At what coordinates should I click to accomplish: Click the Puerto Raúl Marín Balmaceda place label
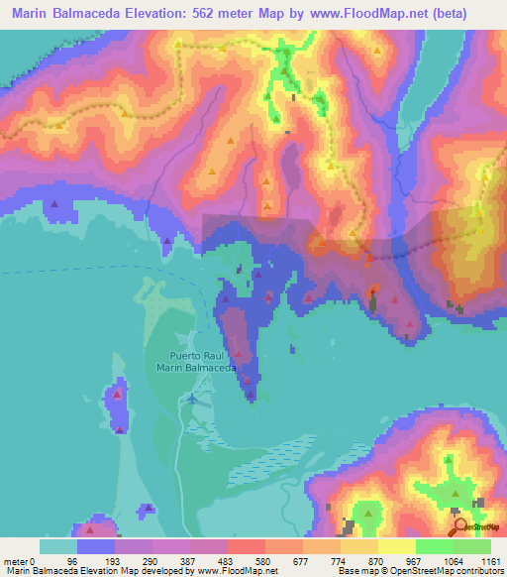(195, 361)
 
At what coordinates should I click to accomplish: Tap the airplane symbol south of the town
(191, 399)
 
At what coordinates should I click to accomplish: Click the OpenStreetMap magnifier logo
(461, 526)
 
